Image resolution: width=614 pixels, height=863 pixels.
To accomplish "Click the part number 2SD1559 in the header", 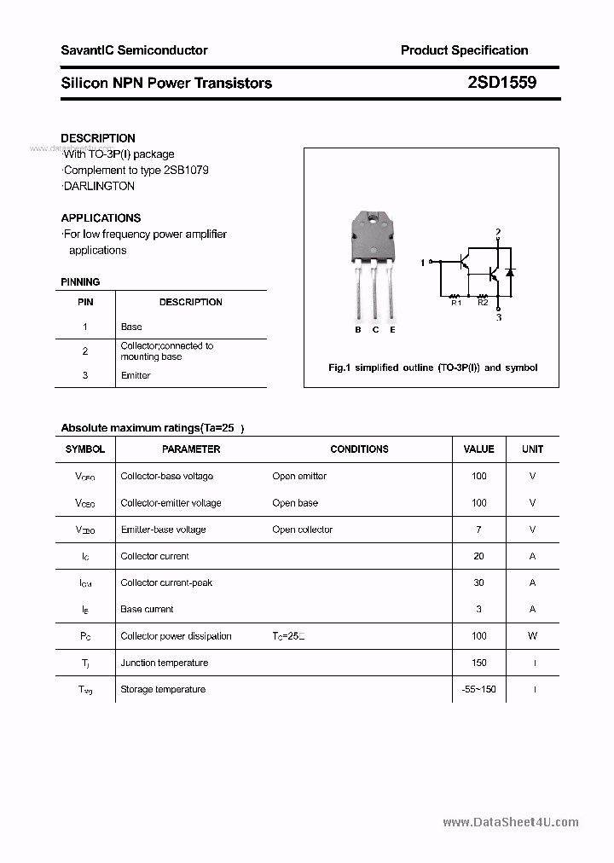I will click(501, 83).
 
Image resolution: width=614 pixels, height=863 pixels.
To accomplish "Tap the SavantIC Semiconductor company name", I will click(134, 50).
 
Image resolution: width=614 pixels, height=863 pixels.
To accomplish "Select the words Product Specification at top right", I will click(464, 50).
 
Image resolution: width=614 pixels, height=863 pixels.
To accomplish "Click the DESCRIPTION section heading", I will click(98, 138).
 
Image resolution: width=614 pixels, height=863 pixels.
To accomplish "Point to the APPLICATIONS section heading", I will click(101, 217).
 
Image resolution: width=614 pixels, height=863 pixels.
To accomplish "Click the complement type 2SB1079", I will click(182, 170).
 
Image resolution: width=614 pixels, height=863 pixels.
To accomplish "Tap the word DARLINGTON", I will click(99, 186).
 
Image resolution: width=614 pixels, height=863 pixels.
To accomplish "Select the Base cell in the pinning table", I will click(131, 327).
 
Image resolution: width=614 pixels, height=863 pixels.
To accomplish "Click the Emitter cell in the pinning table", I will click(136, 375).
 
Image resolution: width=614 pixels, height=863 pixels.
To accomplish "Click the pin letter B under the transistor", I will click(358, 330).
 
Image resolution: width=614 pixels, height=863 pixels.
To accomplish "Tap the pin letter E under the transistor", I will click(392, 330).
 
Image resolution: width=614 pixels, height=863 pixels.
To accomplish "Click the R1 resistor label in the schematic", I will click(455, 302).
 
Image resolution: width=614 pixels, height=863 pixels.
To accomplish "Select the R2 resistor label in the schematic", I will click(483, 302).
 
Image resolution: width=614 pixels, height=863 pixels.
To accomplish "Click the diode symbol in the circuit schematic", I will click(510, 273).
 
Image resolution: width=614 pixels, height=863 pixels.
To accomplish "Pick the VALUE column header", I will click(478, 449).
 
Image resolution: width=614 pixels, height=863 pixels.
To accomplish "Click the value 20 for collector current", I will click(478, 556).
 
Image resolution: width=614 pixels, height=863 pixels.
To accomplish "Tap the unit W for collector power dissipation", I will click(532, 635).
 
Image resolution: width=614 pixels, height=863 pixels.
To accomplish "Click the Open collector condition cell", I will click(302, 530).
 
